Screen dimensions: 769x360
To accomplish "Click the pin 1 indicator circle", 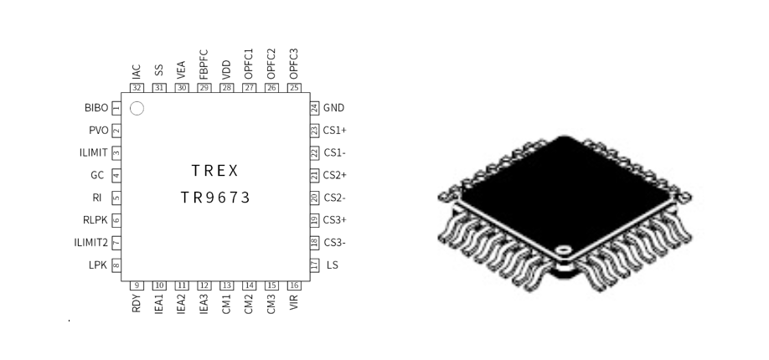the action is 137,108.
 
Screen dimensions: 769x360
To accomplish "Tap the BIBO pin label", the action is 96,108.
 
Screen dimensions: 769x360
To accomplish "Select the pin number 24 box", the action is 314,108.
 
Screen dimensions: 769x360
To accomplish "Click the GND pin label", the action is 333,108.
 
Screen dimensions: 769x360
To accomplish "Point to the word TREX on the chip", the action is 214,171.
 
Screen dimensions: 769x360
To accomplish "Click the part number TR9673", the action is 215,198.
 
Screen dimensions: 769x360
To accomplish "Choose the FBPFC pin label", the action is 204,64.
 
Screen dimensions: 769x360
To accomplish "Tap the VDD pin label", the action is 226,70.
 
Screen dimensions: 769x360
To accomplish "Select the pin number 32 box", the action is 137,88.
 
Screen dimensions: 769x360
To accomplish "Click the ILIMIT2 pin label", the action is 90,242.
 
